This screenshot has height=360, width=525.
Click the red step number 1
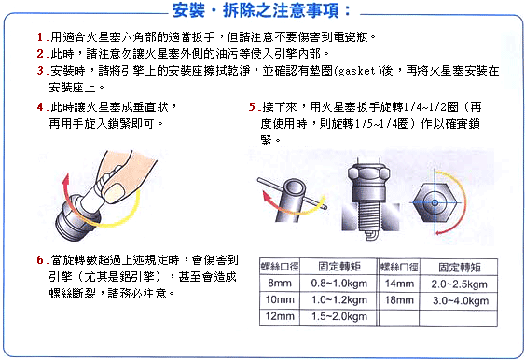click(x=40, y=36)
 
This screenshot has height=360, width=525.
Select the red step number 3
click(x=40, y=70)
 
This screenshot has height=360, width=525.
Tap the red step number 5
click(x=252, y=107)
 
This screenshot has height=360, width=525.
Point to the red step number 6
click(x=40, y=259)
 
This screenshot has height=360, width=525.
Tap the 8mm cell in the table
click(x=280, y=284)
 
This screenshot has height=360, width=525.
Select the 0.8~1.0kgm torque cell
click(x=338, y=284)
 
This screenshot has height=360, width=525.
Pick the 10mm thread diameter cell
click(x=280, y=299)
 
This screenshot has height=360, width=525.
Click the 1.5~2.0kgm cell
click(x=338, y=316)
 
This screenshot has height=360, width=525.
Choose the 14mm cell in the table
click(x=399, y=284)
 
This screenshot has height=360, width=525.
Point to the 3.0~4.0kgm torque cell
click(x=460, y=300)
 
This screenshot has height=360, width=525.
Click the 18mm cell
click(x=399, y=299)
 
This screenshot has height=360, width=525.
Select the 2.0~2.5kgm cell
click(x=459, y=284)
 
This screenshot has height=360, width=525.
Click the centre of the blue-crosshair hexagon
click(x=435, y=202)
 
